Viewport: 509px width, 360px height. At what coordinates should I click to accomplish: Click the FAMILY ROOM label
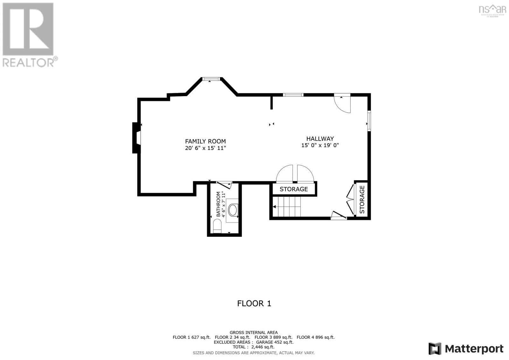point(206,141)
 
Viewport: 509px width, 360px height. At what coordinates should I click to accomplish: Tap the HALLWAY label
point(320,139)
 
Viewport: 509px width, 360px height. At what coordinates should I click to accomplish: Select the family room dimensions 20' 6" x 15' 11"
point(206,148)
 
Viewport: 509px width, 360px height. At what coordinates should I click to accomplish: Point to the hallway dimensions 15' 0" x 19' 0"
point(320,145)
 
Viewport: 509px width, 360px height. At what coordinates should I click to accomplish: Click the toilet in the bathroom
point(217,227)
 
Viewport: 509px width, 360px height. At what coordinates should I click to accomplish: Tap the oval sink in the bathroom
point(233,210)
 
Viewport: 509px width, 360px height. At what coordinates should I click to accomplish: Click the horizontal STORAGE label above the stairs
point(294,189)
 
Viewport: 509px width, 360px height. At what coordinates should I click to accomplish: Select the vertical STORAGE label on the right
point(362,200)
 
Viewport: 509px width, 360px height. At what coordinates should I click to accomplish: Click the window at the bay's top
point(211,78)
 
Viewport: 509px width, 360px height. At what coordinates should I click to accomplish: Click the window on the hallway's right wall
point(369,121)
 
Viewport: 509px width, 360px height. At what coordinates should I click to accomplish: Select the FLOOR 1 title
point(254,303)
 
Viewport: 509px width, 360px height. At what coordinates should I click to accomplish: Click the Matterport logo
point(466,349)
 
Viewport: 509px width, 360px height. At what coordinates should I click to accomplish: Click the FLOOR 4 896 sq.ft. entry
point(316,337)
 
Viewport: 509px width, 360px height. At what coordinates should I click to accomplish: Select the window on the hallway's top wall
point(293,95)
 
